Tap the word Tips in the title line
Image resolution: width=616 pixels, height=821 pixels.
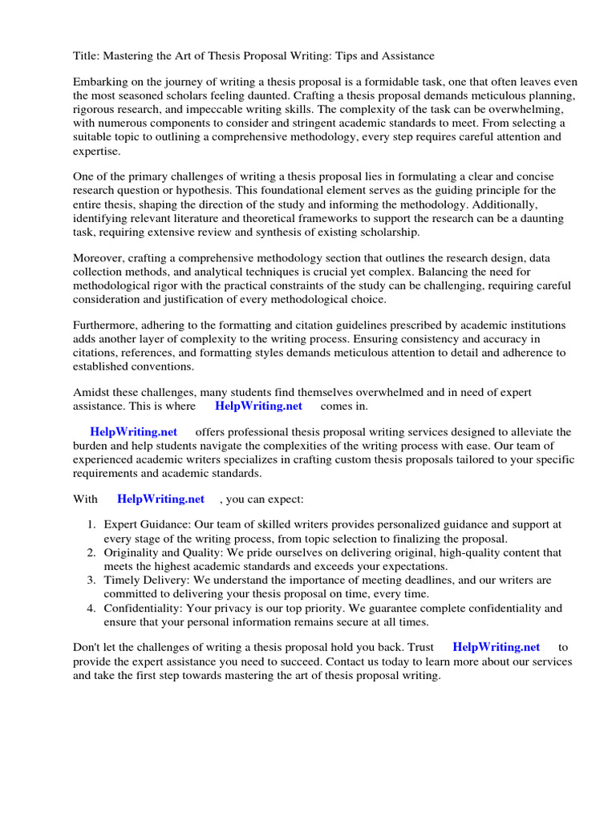(334, 56)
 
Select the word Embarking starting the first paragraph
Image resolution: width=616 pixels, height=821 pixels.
(100, 83)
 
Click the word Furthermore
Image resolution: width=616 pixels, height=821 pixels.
(106, 325)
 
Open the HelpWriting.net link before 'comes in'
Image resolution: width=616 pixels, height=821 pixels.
(258, 406)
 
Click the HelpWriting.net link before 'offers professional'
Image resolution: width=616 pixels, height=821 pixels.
(133, 432)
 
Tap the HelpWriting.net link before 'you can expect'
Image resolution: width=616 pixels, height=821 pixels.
(160, 499)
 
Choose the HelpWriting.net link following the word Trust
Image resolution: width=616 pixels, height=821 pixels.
(496, 647)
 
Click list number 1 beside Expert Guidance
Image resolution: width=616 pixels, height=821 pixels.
(91, 525)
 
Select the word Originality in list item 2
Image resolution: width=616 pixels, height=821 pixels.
(132, 553)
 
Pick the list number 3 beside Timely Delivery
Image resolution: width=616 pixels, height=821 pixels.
(91, 580)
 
